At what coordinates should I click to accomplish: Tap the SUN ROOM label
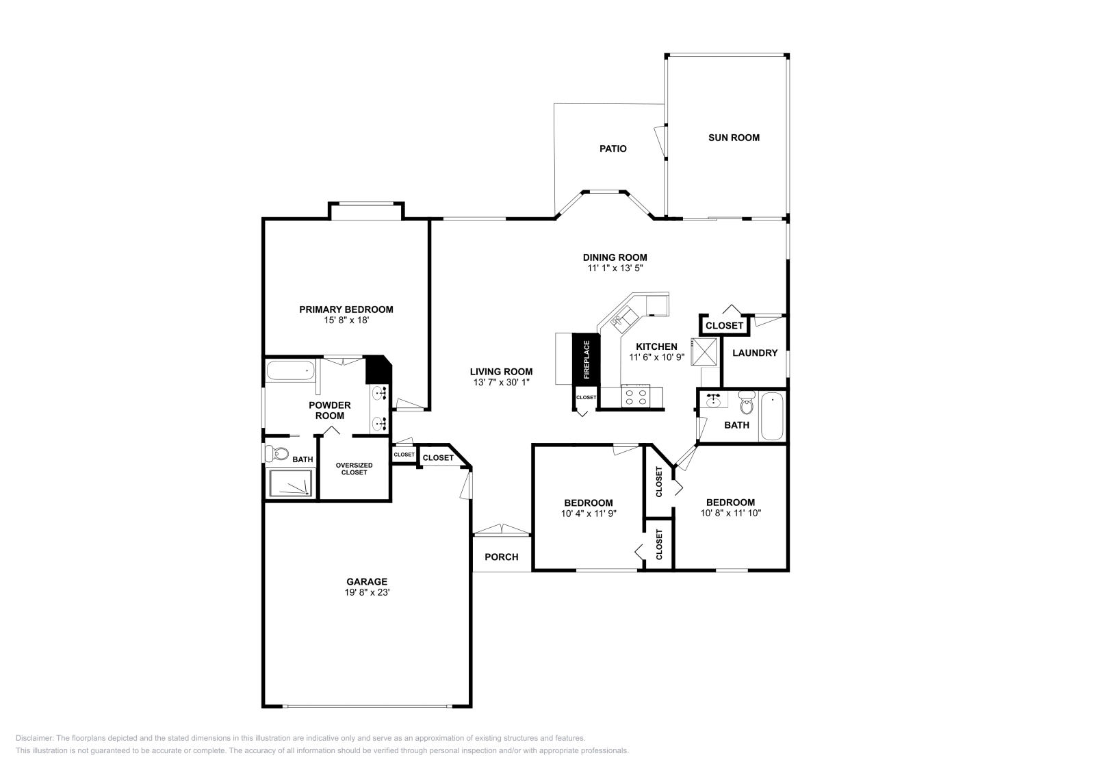pyautogui.click(x=734, y=138)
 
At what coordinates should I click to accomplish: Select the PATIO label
pyautogui.click(x=613, y=149)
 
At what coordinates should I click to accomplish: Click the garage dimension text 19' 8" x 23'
pyautogui.click(x=367, y=593)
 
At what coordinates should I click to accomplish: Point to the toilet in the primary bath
pyautogui.click(x=279, y=453)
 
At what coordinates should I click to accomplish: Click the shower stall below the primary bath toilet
pyautogui.click(x=290, y=483)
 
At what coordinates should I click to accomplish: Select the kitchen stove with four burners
pyautogui.click(x=634, y=396)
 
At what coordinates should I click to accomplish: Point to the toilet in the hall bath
pyautogui.click(x=746, y=404)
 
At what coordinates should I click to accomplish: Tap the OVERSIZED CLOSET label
pyautogui.click(x=354, y=469)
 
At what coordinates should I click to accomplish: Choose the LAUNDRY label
pyautogui.click(x=755, y=353)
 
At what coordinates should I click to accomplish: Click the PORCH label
pyautogui.click(x=501, y=557)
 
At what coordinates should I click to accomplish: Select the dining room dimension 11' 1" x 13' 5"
pyautogui.click(x=615, y=268)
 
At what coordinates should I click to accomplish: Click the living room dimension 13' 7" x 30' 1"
pyautogui.click(x=501, y=382)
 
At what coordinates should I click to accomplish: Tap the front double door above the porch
pyautogui.click(x=502, y=529)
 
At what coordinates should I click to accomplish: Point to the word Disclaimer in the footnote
pyautogui.click(x=34, y=738)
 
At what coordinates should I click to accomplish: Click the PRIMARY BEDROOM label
pyautogui.click(x=346, y=309)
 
